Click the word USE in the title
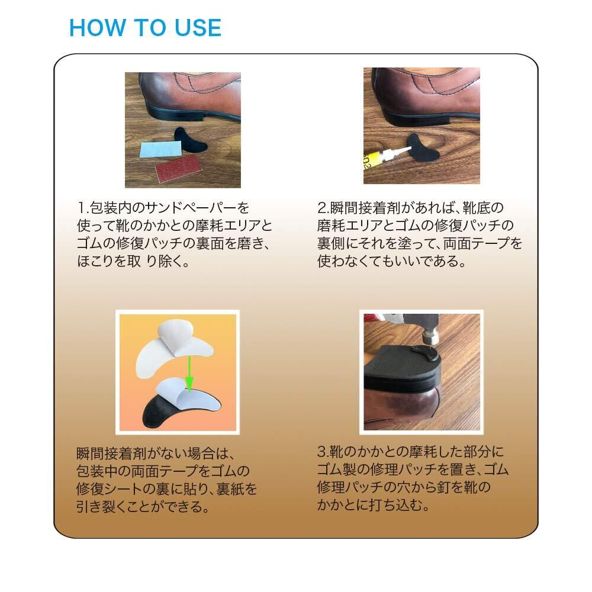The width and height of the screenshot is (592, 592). tap(198, 28)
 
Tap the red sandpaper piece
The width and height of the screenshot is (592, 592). tap(179, 168)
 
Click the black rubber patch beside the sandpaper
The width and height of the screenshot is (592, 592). tap(191, 140)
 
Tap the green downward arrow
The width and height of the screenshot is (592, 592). tap(189, 373)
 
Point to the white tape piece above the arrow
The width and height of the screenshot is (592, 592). tap(173, 346)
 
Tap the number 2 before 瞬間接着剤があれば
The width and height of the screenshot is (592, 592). tap(322, 208)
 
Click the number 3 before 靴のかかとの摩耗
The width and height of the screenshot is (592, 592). tap(322, 452)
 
